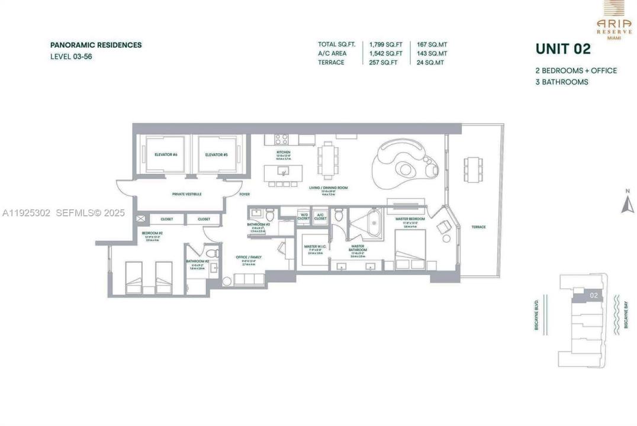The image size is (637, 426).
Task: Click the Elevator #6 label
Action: click(166, 155)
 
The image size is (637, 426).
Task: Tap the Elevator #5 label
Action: click(217, 155)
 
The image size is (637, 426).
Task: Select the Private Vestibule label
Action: click(187, 194)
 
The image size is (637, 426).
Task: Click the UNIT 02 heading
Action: click(562, 49)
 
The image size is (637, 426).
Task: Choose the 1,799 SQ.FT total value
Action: click(386, 44)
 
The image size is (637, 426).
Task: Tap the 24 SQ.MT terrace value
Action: click(430, 62)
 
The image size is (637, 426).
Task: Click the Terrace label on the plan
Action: click(479, 227)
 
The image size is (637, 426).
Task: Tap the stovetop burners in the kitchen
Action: click(281, 140)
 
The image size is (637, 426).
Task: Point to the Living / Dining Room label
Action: click(328, 188)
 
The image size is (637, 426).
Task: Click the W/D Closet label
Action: click(303, 217)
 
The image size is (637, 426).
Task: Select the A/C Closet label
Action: click(320, 217)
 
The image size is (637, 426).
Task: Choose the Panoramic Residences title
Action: click(96, 45)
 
